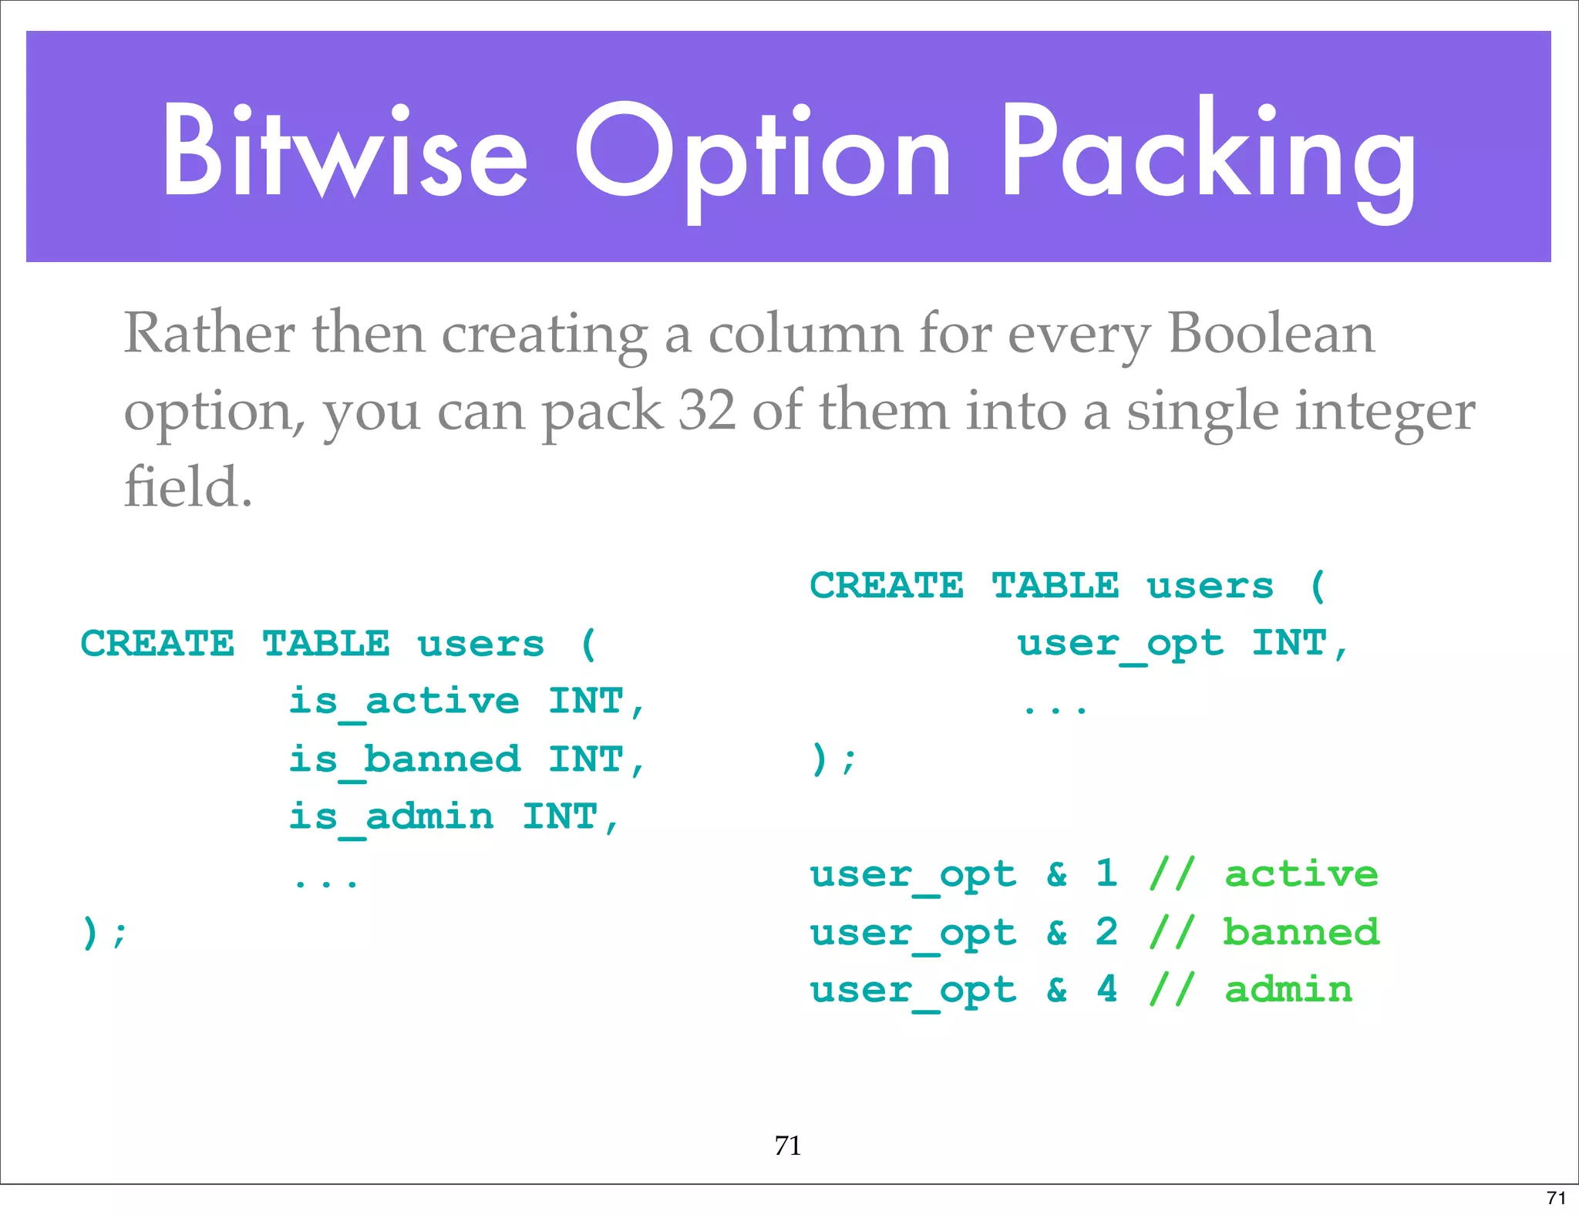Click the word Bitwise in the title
[x=345, y=150]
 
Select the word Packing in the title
[x=1208, y=154]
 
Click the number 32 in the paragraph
[x=706, y=410]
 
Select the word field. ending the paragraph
[x=188, y=487]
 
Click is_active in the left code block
[x=404, y=702]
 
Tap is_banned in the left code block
[x=404, y=759]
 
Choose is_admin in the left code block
[x=391, y=817]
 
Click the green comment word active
[x=1301, y=874]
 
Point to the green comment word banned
[x=1301, y=932]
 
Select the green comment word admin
[x=1288, y=990]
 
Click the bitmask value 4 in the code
[x=1107, y=989]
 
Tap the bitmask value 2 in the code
[x=1107, y=931]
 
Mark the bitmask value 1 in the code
[x=1107, y=873]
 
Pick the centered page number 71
[x=788, y=1146]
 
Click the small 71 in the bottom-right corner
[x=1557, y=1198]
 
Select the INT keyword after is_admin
[x=561, y=817]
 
